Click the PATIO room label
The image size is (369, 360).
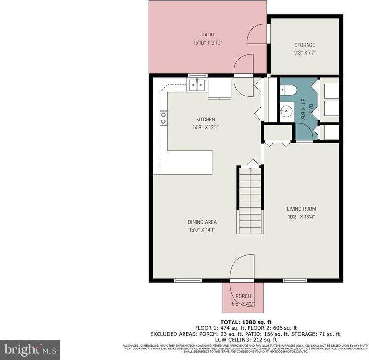tap(208, 35)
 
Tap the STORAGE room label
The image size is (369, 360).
tap(305, 45)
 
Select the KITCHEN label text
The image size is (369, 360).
tap(205, 120)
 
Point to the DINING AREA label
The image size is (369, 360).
tap(202, 222)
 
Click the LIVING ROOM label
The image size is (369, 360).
tap(301, 209)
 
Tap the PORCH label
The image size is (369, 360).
tap(243, 296)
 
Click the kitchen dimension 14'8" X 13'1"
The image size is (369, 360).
tap(205, 127)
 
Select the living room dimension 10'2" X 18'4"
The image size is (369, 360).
tap(301, 216)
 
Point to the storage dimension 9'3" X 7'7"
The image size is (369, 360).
tap(305, 53)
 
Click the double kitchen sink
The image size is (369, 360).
tap(197, 85)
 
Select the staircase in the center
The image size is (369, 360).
tap(250, 202)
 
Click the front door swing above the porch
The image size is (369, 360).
tap(243, 266)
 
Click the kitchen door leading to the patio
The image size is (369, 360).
tap(244, 65)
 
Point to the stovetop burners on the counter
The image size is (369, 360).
tap(164, 118)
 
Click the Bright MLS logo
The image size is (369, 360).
tap(30, 349)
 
